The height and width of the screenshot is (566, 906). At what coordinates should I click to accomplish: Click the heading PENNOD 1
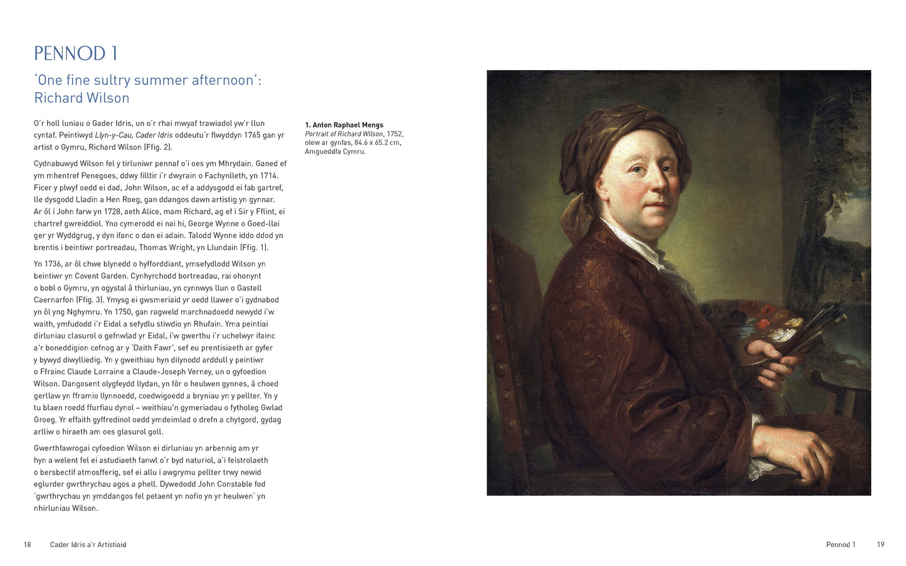75,53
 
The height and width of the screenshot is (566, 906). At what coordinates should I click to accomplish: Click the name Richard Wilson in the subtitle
82,98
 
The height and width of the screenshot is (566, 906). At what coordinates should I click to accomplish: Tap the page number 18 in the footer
27,545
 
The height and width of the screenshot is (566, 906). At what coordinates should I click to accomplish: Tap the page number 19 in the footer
880,545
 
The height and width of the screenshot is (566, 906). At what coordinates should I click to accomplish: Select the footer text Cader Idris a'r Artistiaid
88,545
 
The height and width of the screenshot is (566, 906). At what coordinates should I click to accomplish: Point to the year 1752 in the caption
394,134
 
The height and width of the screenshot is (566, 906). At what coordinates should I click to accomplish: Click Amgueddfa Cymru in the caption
335,152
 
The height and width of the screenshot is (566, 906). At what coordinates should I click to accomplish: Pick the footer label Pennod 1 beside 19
840,545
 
